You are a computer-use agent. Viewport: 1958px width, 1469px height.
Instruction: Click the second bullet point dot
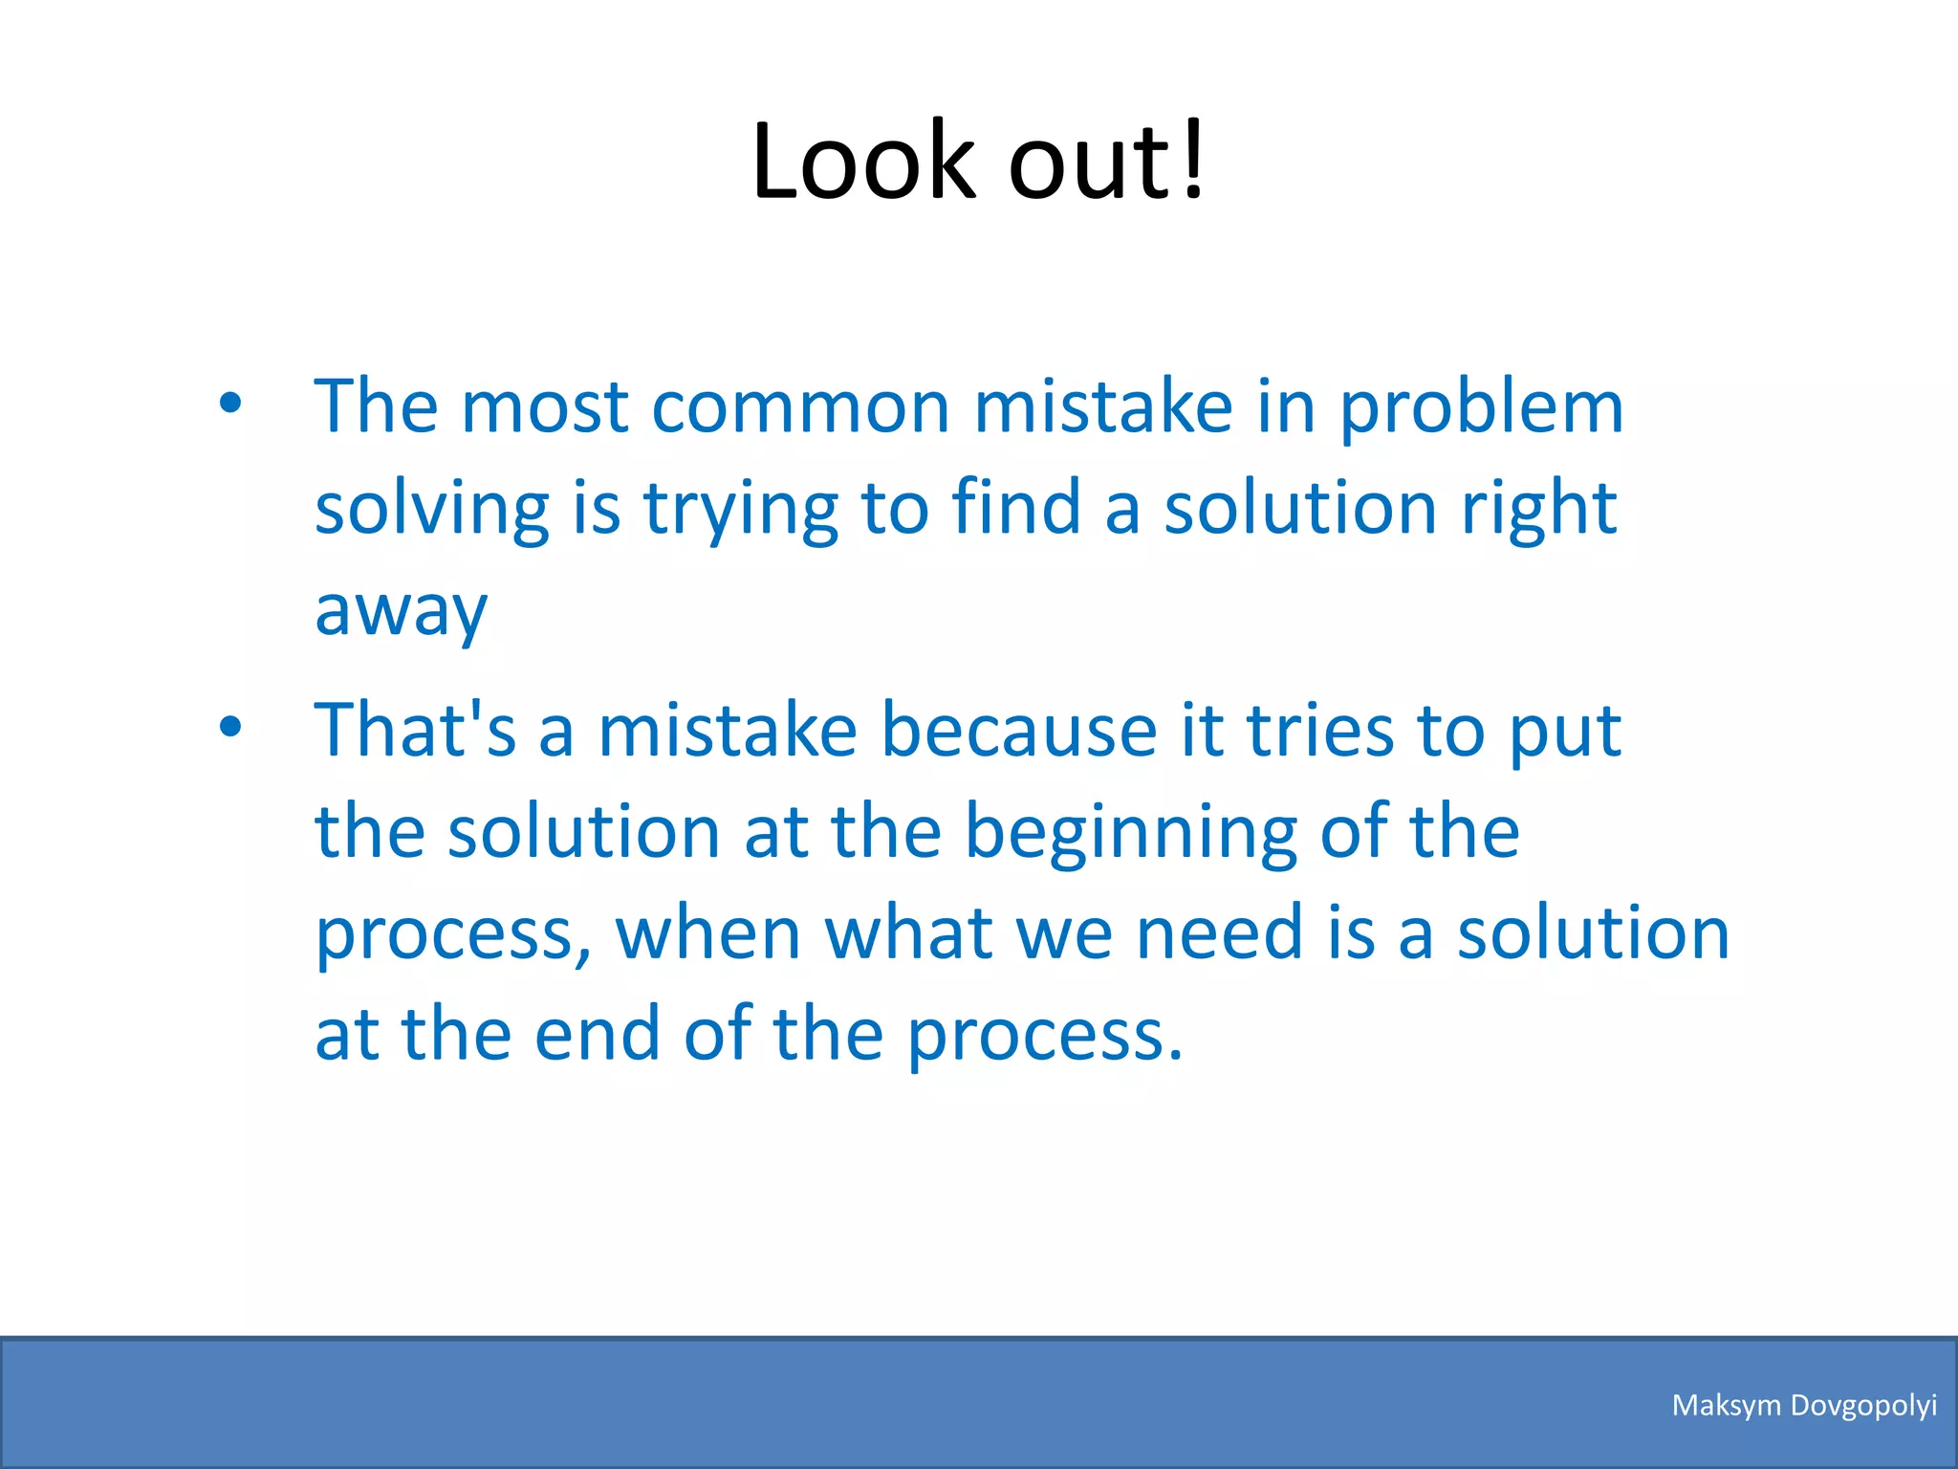[230, 727]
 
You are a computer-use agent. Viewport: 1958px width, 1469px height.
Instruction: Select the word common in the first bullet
[800, 407]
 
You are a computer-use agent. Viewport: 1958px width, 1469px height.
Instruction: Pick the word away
[401, 613]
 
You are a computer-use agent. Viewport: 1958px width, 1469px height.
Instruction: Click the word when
[708, 933]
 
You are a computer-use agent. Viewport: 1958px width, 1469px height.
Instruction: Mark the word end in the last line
[597, 1035]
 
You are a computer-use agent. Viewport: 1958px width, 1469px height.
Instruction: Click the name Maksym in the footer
[1727, 1405]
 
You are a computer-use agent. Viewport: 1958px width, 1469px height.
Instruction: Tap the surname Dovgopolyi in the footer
[1863, 1406]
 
